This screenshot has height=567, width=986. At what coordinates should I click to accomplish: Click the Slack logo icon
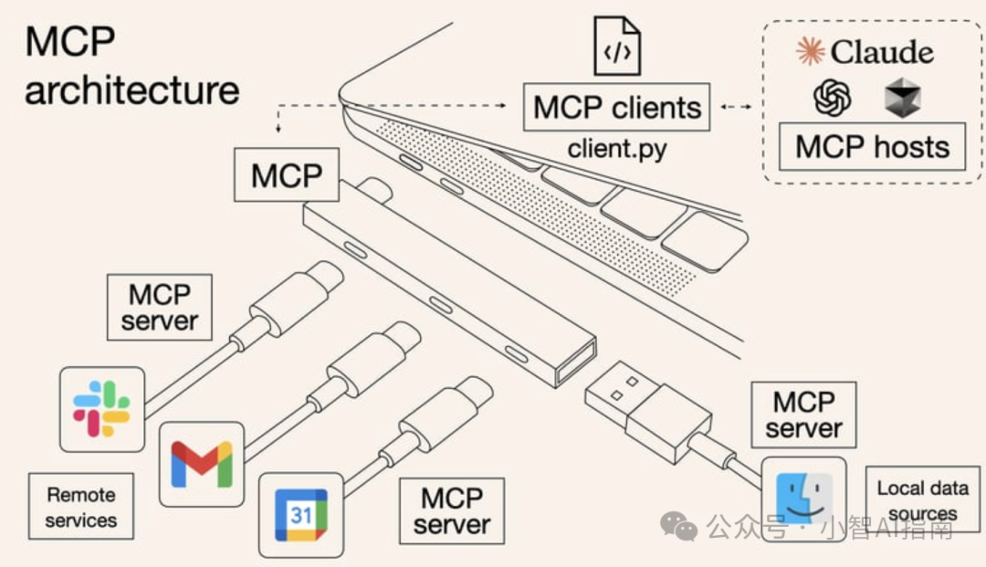click(x=101, y=408)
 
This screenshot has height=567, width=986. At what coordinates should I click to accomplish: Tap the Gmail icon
click(x=202, y=463)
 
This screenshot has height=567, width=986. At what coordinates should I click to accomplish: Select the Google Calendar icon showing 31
click(x=301, y=515)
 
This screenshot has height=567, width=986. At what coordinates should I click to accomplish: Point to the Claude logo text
click(x=865, y=52)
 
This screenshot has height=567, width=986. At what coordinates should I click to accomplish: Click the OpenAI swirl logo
click(x=832, y=97)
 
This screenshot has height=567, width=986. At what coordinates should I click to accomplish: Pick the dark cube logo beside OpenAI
click(x=902, y=98)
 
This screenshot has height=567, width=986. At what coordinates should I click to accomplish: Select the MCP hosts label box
click(x=872, y=146)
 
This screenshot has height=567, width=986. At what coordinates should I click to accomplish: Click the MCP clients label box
click(x=617, y=107)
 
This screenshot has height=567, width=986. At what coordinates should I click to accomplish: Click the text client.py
click(x=617, y=148)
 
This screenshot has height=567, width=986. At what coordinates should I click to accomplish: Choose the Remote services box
click(x=81, y=507)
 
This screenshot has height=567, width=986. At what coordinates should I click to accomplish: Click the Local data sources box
click(x=922, y=500)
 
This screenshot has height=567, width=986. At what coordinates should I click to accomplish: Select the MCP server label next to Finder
click(x=803, y=415)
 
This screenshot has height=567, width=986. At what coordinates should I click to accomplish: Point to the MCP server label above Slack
click(x=159, y=308)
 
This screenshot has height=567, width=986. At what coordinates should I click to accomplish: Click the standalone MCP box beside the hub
click(x=287, y=174)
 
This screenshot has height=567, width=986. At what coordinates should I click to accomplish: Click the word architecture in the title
click(x=132, y=90)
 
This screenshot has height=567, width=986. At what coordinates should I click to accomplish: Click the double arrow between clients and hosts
click(x=736, y=108)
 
